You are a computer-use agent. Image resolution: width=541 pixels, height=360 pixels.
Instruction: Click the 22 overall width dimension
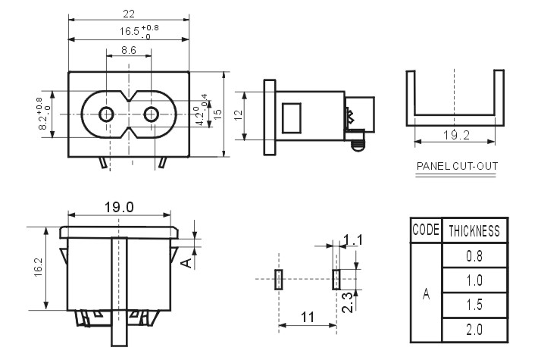click(130, 13)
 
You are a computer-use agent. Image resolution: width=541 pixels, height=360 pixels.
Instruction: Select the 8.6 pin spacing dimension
click(129, 51)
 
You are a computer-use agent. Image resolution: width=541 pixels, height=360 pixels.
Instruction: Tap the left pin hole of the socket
click(107, 115)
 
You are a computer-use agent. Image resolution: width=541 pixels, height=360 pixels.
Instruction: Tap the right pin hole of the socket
click(152, 115)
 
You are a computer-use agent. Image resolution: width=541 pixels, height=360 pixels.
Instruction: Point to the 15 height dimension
click(217, 113)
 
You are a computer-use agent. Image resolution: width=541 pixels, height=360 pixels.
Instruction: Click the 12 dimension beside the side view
click(237, 114)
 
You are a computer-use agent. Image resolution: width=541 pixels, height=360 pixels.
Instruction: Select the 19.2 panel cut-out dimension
click(454, 136)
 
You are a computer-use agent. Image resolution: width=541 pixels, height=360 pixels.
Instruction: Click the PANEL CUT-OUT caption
click(456, 166)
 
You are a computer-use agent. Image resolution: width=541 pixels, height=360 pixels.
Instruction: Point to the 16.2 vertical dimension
click(38, 267)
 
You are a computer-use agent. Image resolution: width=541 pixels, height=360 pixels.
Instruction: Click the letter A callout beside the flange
click(186, 262)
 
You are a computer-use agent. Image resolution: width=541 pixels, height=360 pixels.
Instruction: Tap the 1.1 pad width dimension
click(354, 240)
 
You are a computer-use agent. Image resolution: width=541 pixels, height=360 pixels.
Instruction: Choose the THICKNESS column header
click(474, 230)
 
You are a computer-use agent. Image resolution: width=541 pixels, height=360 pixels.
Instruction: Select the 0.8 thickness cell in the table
click(474, 255)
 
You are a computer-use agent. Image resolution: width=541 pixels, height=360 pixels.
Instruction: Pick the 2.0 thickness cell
click(474, 330)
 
